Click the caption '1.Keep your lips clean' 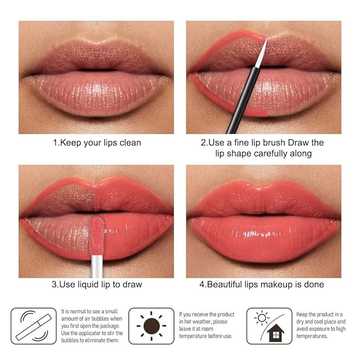click(x=96, y=143)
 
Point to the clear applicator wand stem click(x=96, y=262)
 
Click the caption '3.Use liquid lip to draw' click(x=96, y=284)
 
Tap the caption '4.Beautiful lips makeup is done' click(x=261, y=284)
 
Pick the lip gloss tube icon click(x=33, y=326)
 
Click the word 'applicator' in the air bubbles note click(x=91, y=333)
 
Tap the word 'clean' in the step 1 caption click(x=130, y=143)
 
